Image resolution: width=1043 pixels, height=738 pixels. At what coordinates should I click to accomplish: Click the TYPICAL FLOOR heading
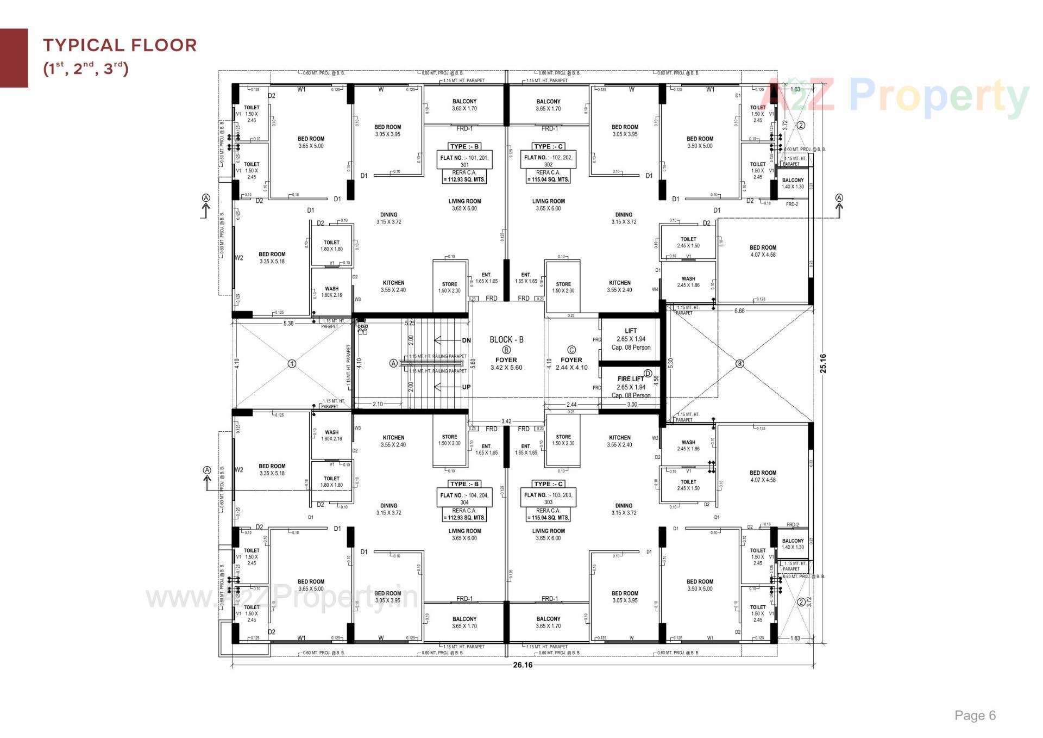pos(120,45)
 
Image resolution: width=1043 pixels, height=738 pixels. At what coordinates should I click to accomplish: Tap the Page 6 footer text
pos(975,715)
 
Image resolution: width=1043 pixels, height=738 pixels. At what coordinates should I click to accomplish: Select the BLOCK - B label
pos(506,339)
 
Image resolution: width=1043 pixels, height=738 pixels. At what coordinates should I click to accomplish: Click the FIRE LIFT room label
pos(631,379)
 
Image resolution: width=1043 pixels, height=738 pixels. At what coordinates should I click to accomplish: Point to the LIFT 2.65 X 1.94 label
pos(631,338)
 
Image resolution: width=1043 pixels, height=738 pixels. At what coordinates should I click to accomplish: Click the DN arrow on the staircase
pos(451,340)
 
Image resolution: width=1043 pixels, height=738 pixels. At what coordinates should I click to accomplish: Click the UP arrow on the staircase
pos(451,387)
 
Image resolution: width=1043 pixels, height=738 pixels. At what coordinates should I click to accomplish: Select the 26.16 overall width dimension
pos(523,665)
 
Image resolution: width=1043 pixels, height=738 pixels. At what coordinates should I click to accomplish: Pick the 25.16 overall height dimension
pos(823,363)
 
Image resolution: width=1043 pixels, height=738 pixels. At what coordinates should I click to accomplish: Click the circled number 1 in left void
pos(292,363)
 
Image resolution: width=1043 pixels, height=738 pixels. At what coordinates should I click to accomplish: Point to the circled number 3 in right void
pos(739,363)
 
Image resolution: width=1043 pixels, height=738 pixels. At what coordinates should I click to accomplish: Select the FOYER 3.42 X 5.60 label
pos(506,364)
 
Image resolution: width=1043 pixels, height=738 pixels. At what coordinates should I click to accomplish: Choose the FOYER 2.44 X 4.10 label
pos(571,364)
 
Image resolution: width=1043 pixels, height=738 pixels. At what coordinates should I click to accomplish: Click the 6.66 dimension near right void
pos(739,311)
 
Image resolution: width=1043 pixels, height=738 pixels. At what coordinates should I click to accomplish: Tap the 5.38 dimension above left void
pos(288,323)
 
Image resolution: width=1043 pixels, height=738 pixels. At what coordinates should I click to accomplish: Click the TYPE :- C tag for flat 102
pos(548,146)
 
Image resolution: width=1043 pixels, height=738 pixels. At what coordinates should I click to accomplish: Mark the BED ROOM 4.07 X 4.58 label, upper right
pos(763,251)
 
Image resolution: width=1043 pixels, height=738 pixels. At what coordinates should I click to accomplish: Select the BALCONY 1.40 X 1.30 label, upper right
pos(793,183)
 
